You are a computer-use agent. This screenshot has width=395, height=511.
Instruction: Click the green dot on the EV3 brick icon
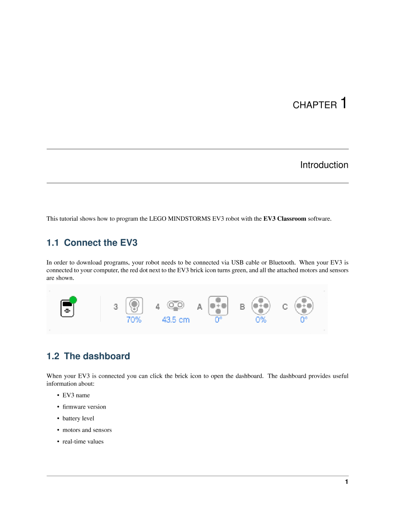tap(73, 300)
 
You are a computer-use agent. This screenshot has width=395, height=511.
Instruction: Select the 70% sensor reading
tap(134, 320)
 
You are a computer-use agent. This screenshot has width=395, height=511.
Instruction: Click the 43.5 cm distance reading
tap(176, 320)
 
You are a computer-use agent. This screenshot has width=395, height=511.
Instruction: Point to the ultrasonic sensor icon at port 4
tap(176, 305)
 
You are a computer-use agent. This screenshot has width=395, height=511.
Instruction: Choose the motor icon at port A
tap(218, 305)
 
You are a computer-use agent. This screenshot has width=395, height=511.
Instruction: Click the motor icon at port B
tap(261, 306)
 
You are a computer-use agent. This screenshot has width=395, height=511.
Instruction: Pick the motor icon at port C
tap(304, 306)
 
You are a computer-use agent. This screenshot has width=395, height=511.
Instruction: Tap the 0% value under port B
tap(261, 320)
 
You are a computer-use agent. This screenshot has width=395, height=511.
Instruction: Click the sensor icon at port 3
tap(134, 305)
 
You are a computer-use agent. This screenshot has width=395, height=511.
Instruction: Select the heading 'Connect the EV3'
tap(92, 243)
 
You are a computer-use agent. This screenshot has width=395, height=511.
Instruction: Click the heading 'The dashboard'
tap(88, 356)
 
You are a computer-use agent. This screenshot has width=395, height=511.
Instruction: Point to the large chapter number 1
tap(343, 103)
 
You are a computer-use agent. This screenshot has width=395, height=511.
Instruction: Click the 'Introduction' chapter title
tap(324, 165)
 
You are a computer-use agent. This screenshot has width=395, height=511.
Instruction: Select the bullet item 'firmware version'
tap(84, 407)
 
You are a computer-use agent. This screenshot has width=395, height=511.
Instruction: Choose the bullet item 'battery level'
tap(78, 419)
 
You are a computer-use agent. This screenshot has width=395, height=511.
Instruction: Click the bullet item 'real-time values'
tap(83, 442)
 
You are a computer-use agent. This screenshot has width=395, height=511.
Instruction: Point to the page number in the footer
tap(346, 482)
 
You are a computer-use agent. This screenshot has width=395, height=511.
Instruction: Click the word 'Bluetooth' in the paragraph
tap(281, 262)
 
